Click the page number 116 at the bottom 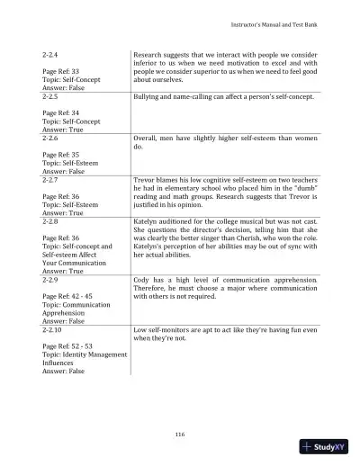click(180, 435)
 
